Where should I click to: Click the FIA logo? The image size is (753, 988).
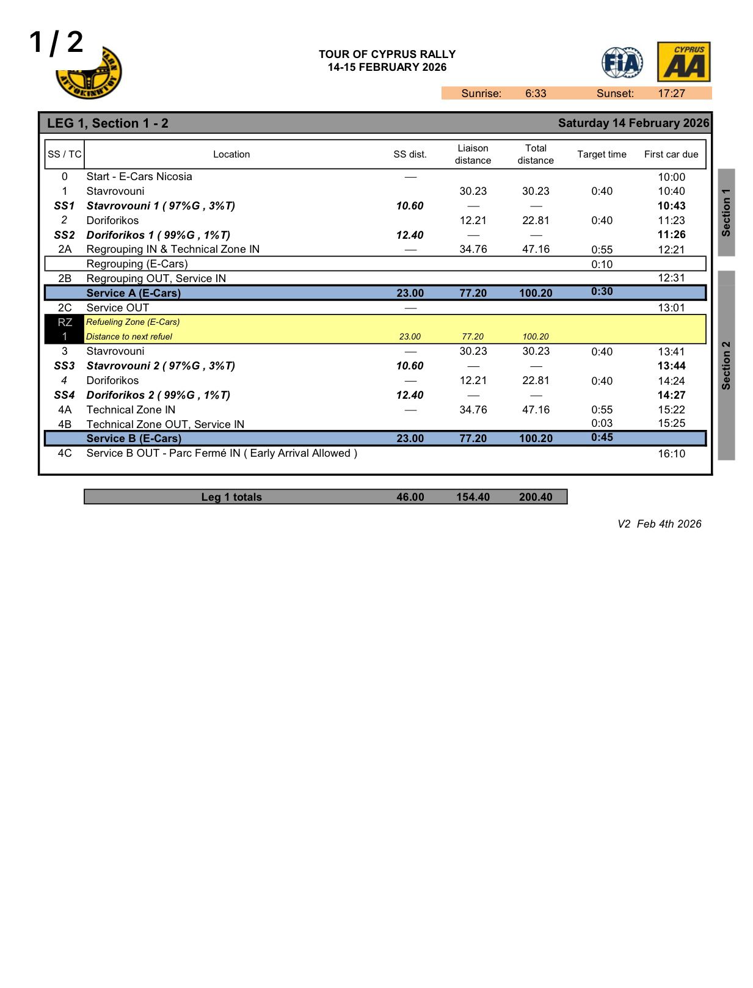click(x=622, y=62)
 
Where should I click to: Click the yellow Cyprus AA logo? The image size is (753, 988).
click(x=683, y=62)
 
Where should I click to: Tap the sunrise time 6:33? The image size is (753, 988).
click(x=535, y=93)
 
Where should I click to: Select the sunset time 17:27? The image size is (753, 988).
click(x=671, y=93)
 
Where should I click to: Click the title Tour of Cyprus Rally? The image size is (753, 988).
click(x=387, y=54)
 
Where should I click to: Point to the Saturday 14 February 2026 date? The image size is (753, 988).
click(x=633, y=123)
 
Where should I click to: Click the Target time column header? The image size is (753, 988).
click(x=602, y=154)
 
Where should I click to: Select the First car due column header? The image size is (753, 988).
click(x=671, y=154)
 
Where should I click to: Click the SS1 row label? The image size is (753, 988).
click(x=64, y=206)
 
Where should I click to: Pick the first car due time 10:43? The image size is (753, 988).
click(x=671, y=206)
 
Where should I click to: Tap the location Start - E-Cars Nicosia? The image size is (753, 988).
click(x=139, y=176)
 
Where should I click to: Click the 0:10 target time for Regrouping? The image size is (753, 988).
click(x=602, y=264)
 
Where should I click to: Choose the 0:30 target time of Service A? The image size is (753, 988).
click(x=602, y=291)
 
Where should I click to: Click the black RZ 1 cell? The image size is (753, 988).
click(x=65, y=329)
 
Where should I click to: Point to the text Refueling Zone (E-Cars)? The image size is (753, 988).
click(x=133, y=322)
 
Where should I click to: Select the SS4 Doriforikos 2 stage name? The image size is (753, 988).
click(x=158, y=395)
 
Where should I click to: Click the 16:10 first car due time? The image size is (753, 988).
click(x=671, y=454)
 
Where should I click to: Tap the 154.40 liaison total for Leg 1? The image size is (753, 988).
click(x=473, y=497)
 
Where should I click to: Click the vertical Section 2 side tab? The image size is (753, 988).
click(x=726, y=365)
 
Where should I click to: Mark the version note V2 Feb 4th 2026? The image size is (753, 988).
click(x=659, y=524)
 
